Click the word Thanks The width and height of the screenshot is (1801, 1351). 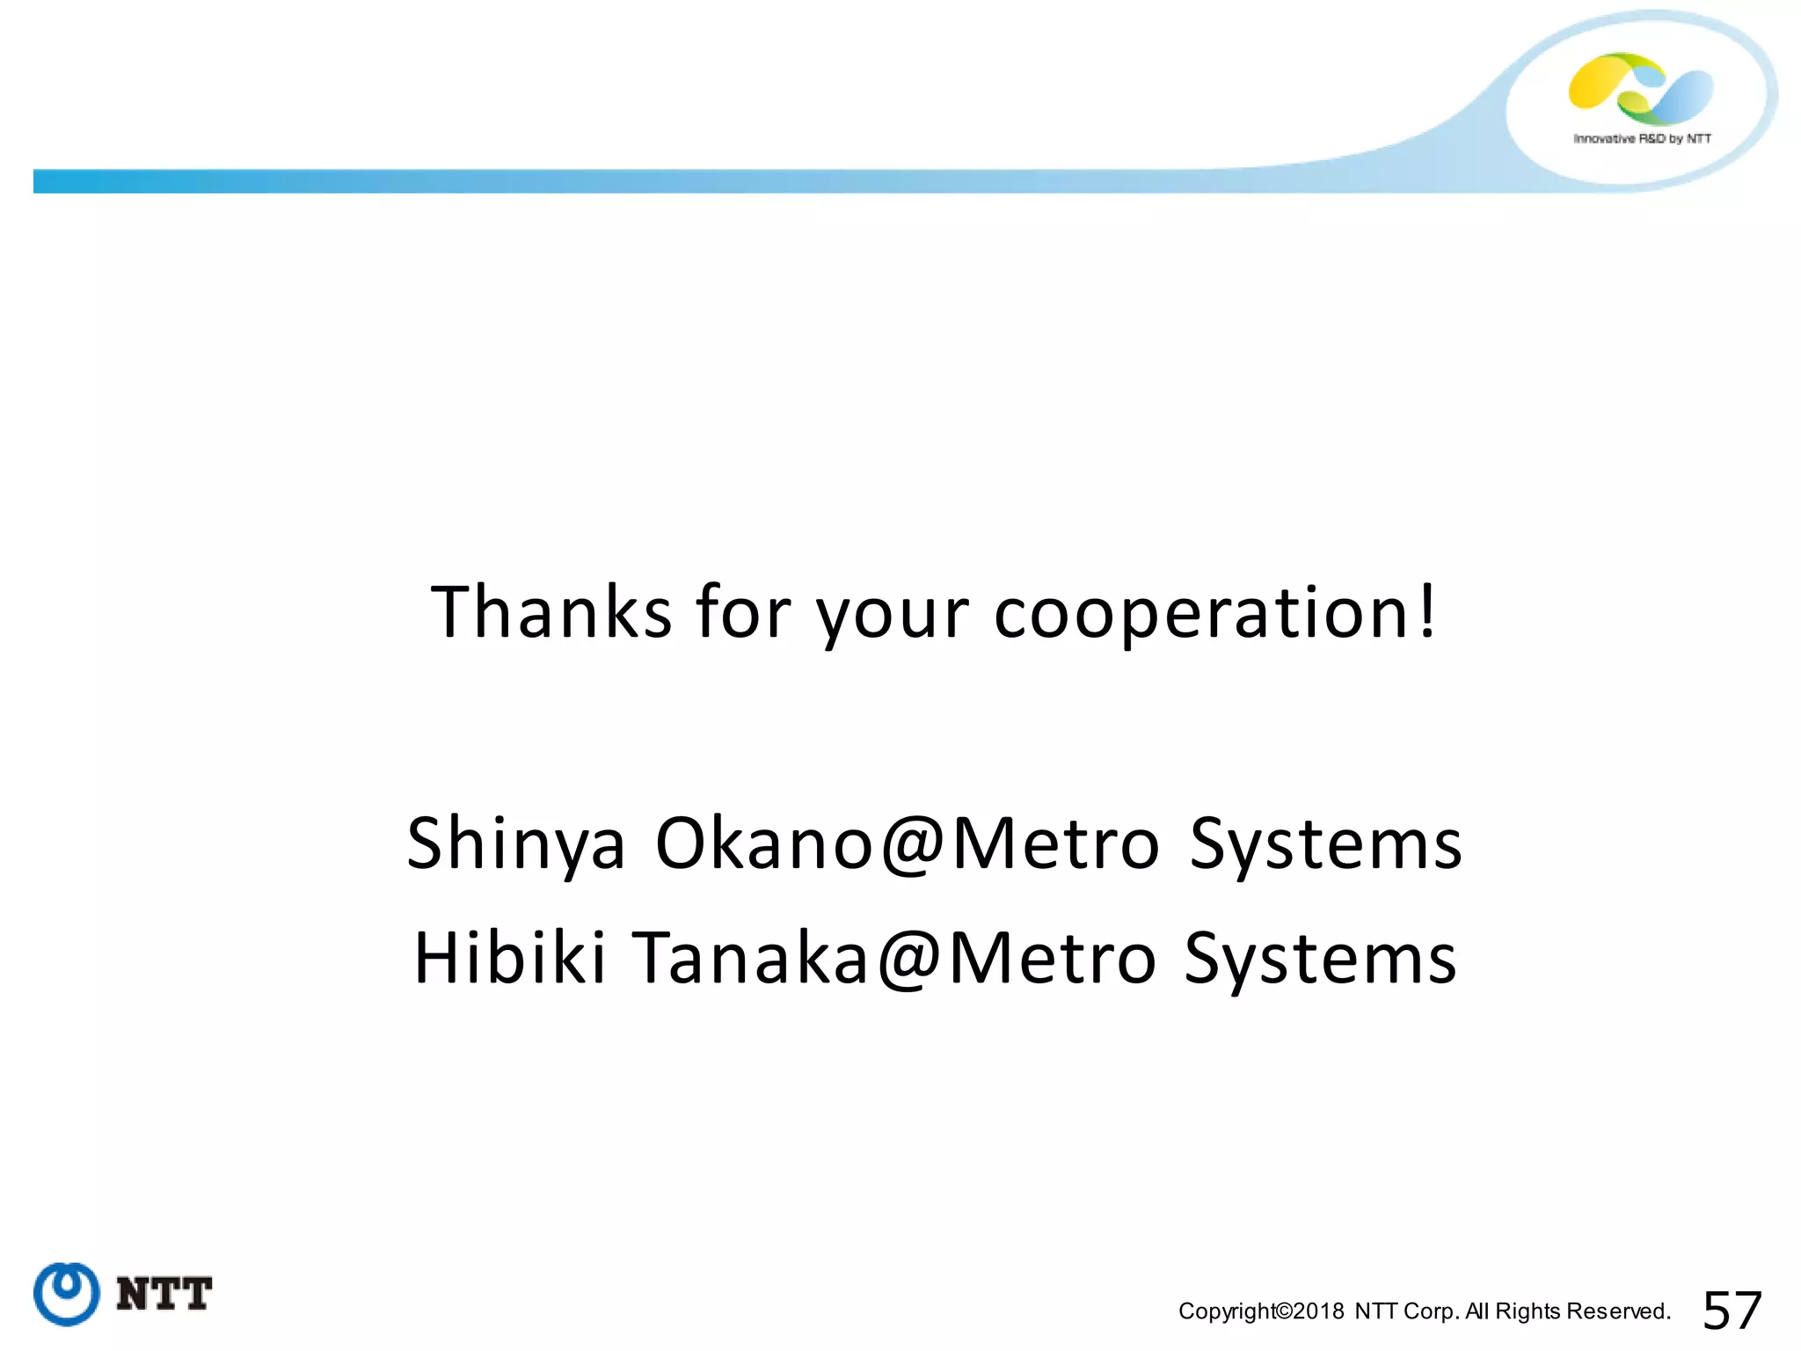click(551, 612)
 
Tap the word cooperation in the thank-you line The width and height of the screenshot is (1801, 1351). click(1202, 614)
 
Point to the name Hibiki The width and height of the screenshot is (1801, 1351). click(509, 958)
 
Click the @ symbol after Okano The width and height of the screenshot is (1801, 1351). click(913, 845)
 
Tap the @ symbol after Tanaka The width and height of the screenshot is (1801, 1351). click(909, 960)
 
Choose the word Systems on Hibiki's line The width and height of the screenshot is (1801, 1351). click(1320, 960)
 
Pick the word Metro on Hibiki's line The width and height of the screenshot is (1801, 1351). click(1052, 959)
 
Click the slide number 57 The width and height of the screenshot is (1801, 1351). click(1732, 1311)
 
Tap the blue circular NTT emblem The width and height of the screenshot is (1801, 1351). click(66, 1293)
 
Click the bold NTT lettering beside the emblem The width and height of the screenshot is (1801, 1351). click(164, 1294)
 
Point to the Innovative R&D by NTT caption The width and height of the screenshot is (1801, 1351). click(1642, 139)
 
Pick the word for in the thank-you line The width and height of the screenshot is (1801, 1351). click(743, 612)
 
